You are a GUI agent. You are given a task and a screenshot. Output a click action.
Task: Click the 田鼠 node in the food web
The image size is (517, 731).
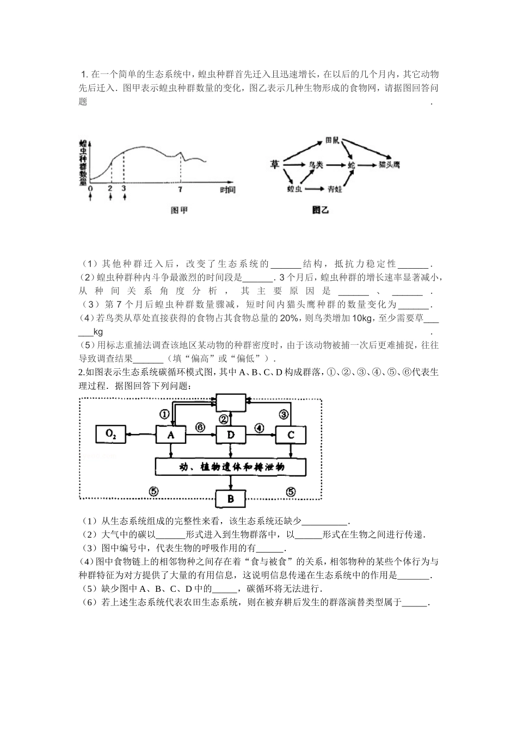(x=332, y=140)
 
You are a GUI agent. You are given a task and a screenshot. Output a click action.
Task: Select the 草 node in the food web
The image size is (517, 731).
(x=274, y=163)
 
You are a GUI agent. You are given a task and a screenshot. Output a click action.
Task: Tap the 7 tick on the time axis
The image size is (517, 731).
(x=181, y=189)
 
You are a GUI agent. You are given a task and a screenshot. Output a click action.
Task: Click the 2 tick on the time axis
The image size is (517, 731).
(x=110, y=189)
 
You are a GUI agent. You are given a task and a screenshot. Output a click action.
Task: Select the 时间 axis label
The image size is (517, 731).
(x=227, y=189)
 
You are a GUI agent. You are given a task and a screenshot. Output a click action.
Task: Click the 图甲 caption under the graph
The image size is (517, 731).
(x=179, y=210)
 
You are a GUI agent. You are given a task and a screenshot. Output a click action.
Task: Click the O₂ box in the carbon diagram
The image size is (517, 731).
(x=111, y=434)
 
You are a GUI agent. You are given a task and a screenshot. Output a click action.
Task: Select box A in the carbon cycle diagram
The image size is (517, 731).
(x=171, y=435)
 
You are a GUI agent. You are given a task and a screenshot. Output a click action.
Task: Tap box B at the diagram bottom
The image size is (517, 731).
(x=231, y=499)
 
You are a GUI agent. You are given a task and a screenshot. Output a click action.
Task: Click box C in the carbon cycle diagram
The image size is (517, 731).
(x=291, y=435)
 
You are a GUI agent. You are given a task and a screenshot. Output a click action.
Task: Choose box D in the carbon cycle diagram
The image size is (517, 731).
(x=231, y=435)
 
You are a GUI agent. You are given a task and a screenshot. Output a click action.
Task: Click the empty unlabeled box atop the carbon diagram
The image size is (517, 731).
(x=231, y=403)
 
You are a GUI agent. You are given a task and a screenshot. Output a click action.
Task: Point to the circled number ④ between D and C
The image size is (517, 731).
(x=260, y=428)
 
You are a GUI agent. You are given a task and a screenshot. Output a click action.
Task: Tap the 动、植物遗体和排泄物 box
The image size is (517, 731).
(x=231, y=467)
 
